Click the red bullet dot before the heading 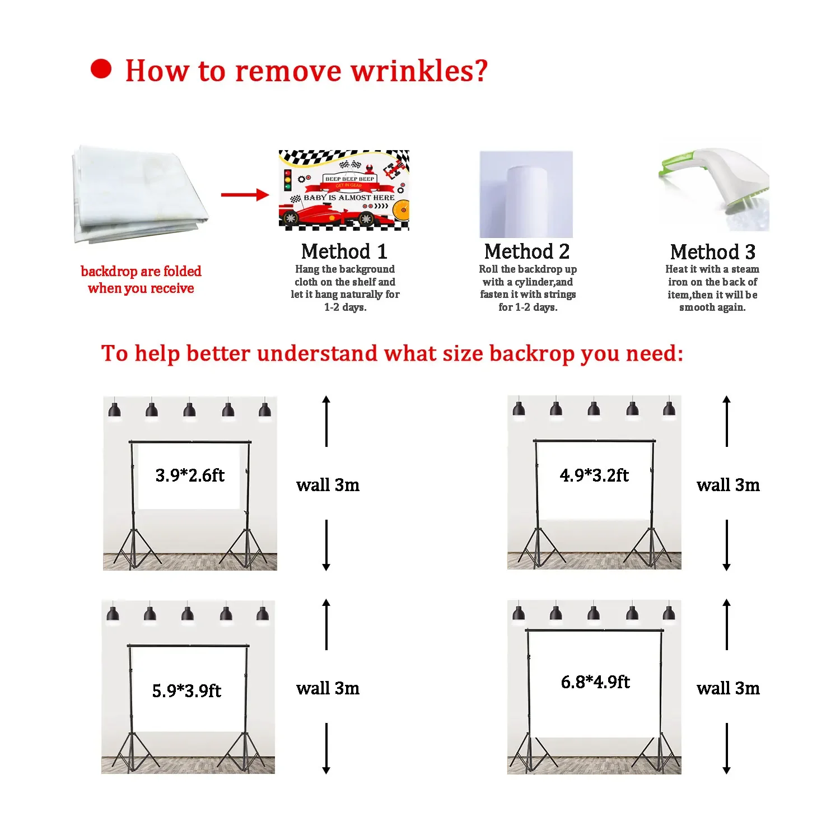(101, 69)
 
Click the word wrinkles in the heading (419, 71)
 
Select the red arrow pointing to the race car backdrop (245, 195)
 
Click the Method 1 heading (344, 251)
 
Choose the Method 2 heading (527, 251)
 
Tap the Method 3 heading (712, 252)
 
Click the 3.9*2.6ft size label (190, 475)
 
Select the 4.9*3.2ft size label (594, 475)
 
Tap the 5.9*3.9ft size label (186, 690)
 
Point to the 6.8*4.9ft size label (595, 682)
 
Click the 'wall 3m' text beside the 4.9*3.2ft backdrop (728, 485)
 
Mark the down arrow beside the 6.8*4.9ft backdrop (726, 748)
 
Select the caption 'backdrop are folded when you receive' (141, 279)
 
